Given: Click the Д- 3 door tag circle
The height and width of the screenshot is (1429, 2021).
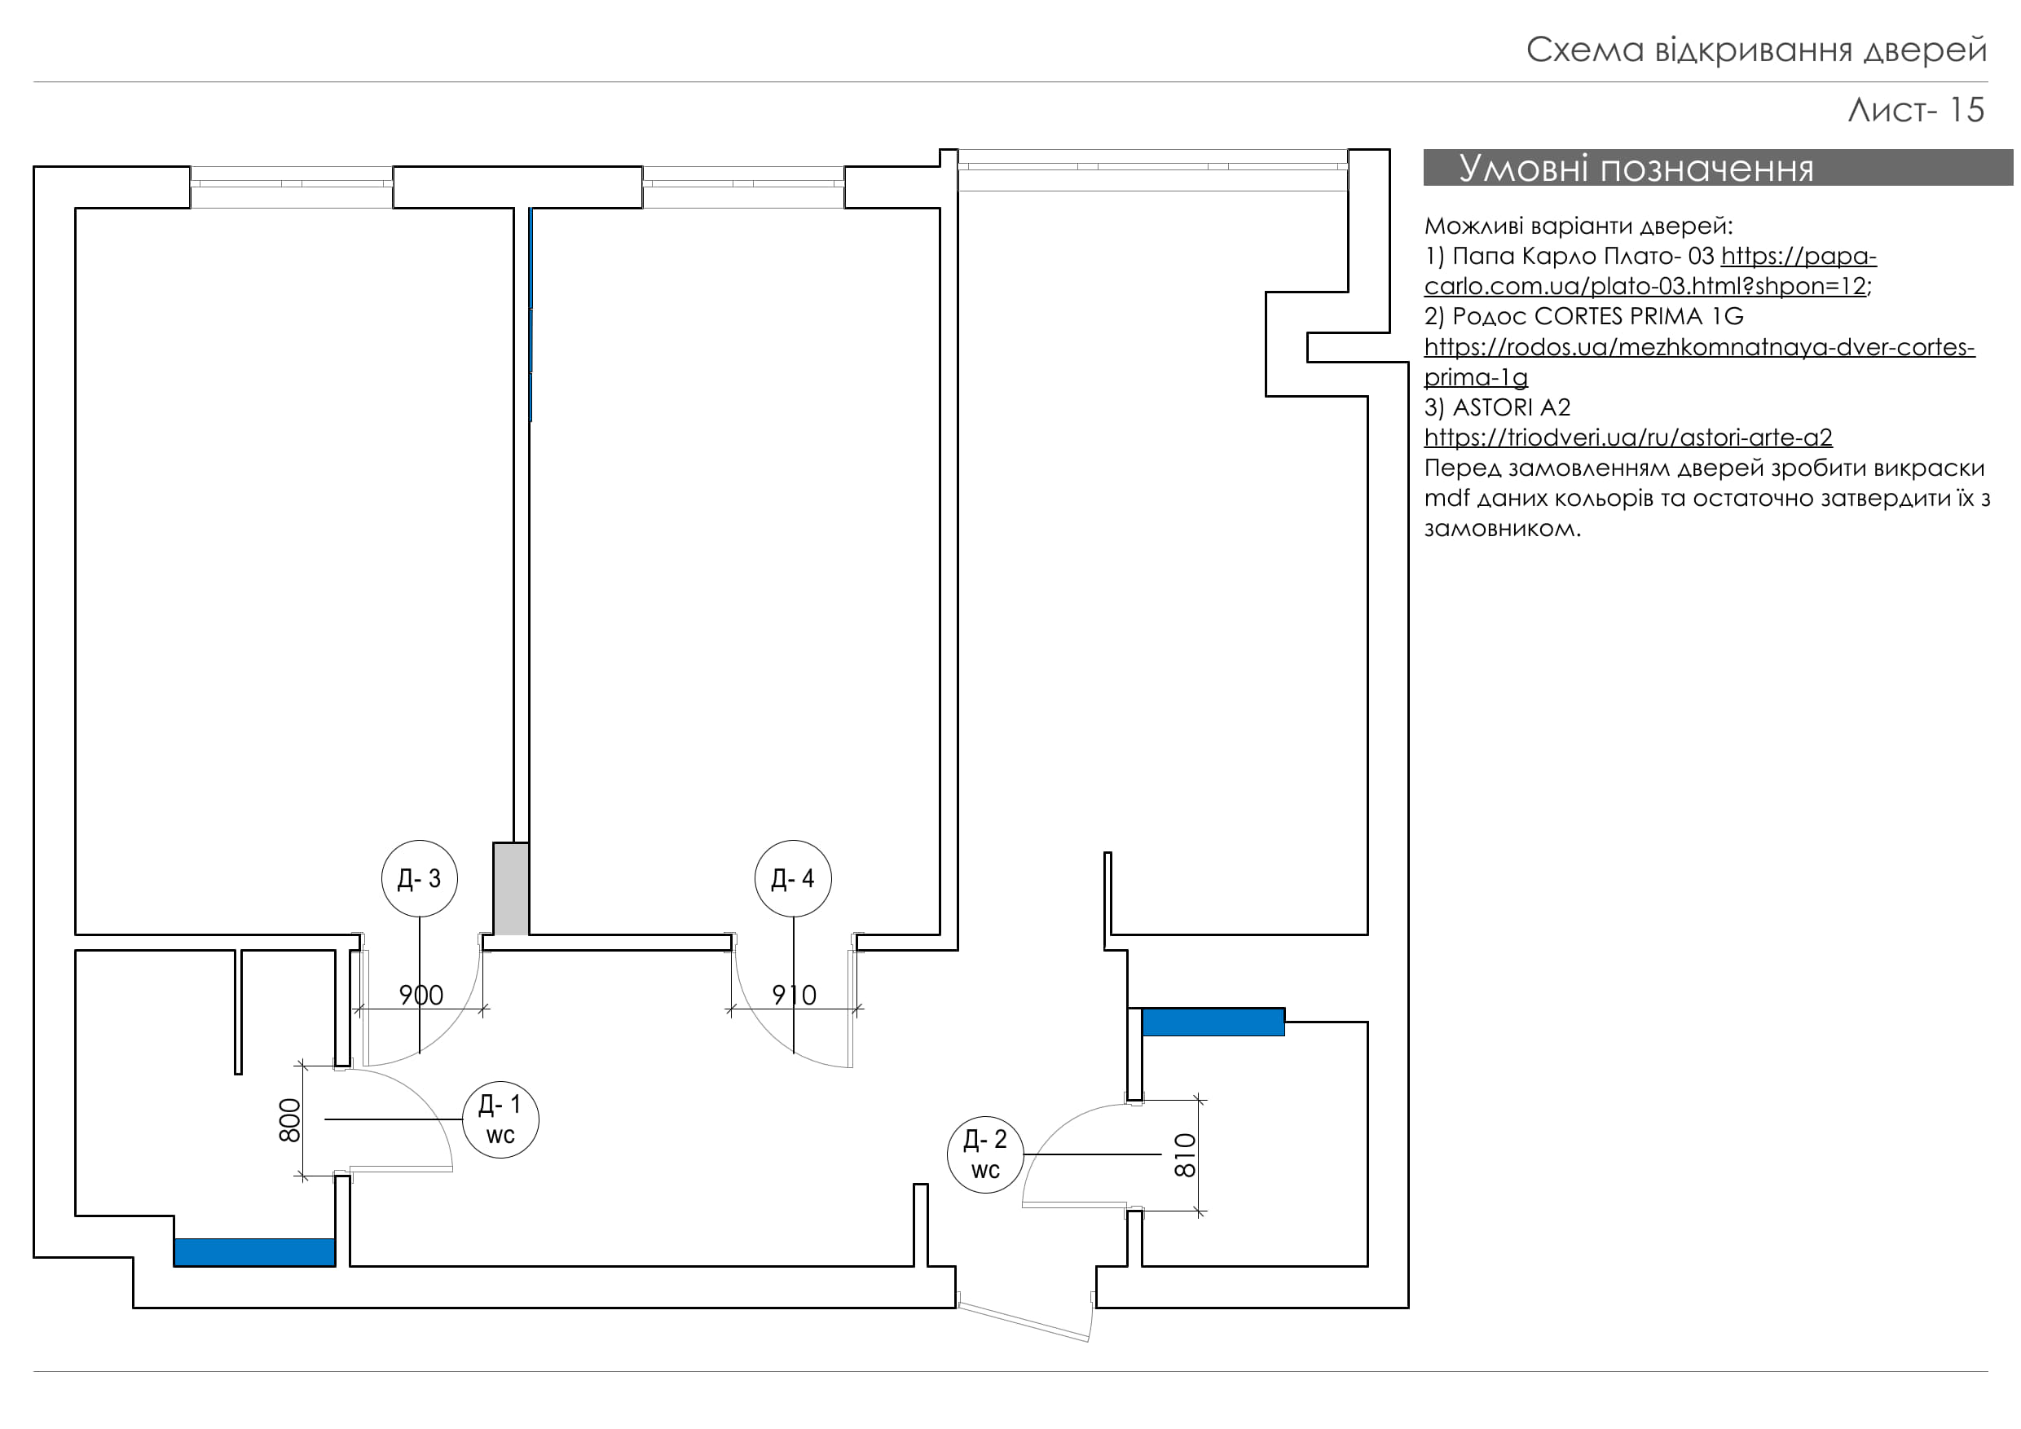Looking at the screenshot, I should coord(419,878).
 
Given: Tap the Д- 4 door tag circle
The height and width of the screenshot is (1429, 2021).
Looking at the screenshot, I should coord(792,878).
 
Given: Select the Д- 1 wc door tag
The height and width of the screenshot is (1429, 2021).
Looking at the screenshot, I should coord(500,1119).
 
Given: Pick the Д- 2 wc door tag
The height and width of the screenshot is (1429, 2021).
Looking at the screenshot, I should coord(985,1154).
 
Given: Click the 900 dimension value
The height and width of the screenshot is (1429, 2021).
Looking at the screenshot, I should coord(420,996).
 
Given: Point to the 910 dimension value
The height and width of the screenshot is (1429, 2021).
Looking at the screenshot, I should coord(794,996).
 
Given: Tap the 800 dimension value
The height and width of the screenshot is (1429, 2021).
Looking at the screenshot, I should coord(289,1120).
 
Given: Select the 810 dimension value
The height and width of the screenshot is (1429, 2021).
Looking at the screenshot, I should coord(1186,1155).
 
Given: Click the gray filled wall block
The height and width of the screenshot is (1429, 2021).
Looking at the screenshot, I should coord(510,889).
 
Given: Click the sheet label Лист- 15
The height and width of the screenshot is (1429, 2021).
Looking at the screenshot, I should coord(1915,110).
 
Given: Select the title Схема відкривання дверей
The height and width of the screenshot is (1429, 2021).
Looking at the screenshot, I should coord(1756,51).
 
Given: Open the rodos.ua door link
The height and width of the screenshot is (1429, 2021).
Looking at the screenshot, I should coord(1699,348).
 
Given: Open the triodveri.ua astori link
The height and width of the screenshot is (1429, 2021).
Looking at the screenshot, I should coord(1627,437).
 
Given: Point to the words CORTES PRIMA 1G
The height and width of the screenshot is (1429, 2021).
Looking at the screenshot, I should coord(1638,316).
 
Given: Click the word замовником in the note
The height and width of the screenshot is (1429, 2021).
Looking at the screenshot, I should coord(1501,529).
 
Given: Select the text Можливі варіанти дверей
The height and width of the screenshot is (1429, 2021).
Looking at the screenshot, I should coord(1578,226).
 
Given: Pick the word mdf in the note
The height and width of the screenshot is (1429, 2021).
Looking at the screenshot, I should coord(1446,498).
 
